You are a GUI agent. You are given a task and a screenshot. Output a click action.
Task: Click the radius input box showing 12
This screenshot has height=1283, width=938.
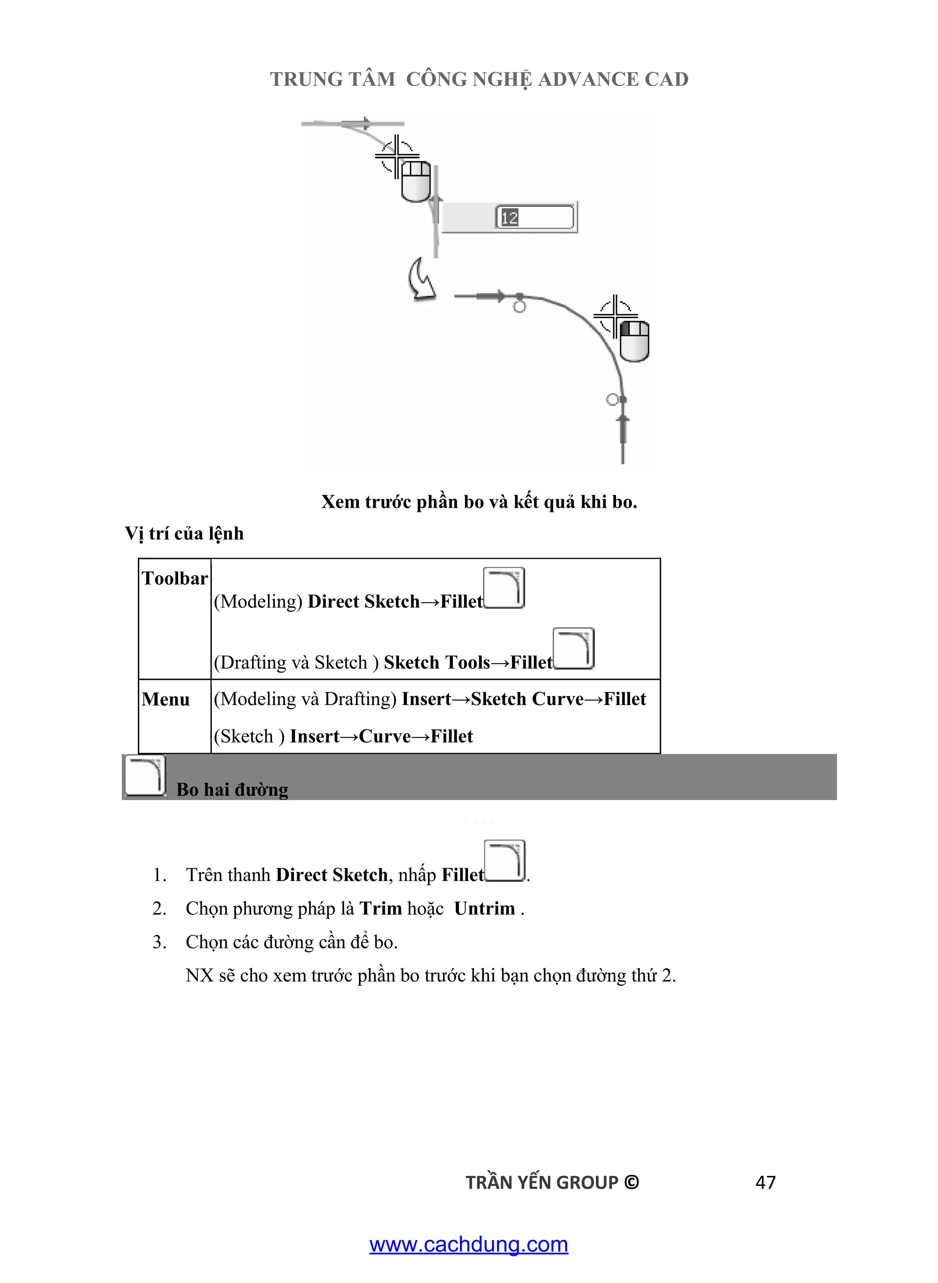[x=534, y=217]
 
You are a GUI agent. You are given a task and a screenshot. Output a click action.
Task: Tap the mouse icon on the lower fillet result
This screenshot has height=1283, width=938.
[x=634, y=341]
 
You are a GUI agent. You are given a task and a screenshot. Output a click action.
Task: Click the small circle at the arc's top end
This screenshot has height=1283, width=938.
[x=519, y=307]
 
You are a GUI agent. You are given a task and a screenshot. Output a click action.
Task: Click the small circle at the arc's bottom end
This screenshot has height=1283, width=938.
[x=612, y=400]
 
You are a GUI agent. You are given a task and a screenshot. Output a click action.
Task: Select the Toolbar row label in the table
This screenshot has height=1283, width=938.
[x=175, y=578]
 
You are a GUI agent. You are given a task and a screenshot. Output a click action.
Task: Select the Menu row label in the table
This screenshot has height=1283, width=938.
[x=165, y=699]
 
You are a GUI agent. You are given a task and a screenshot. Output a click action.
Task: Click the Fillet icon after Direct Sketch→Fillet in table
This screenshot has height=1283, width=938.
[x=504, y=588]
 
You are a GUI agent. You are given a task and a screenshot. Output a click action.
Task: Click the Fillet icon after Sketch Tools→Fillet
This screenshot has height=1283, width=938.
[x=573, y=649]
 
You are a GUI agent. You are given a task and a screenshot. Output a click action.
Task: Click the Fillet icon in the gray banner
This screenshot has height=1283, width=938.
[x=145, y=776]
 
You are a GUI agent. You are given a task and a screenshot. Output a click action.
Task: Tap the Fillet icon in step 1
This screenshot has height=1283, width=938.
[x=505, y=861]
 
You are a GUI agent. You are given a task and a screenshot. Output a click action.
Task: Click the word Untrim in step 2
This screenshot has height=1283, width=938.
[x=484, y=908]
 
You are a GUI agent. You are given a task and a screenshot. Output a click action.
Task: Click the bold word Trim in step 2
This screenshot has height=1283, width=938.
[x=381, y=908]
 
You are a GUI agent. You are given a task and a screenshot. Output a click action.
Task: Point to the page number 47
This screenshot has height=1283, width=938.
[x=765, y=1183]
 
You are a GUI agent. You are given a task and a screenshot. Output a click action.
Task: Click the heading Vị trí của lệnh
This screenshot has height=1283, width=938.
[x=185, y=533]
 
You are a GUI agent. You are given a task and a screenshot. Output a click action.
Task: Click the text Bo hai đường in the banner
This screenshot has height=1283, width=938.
[x=232, y=790]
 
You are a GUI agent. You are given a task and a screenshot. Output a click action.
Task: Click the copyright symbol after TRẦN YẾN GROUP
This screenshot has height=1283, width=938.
[x=632, y=1183]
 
